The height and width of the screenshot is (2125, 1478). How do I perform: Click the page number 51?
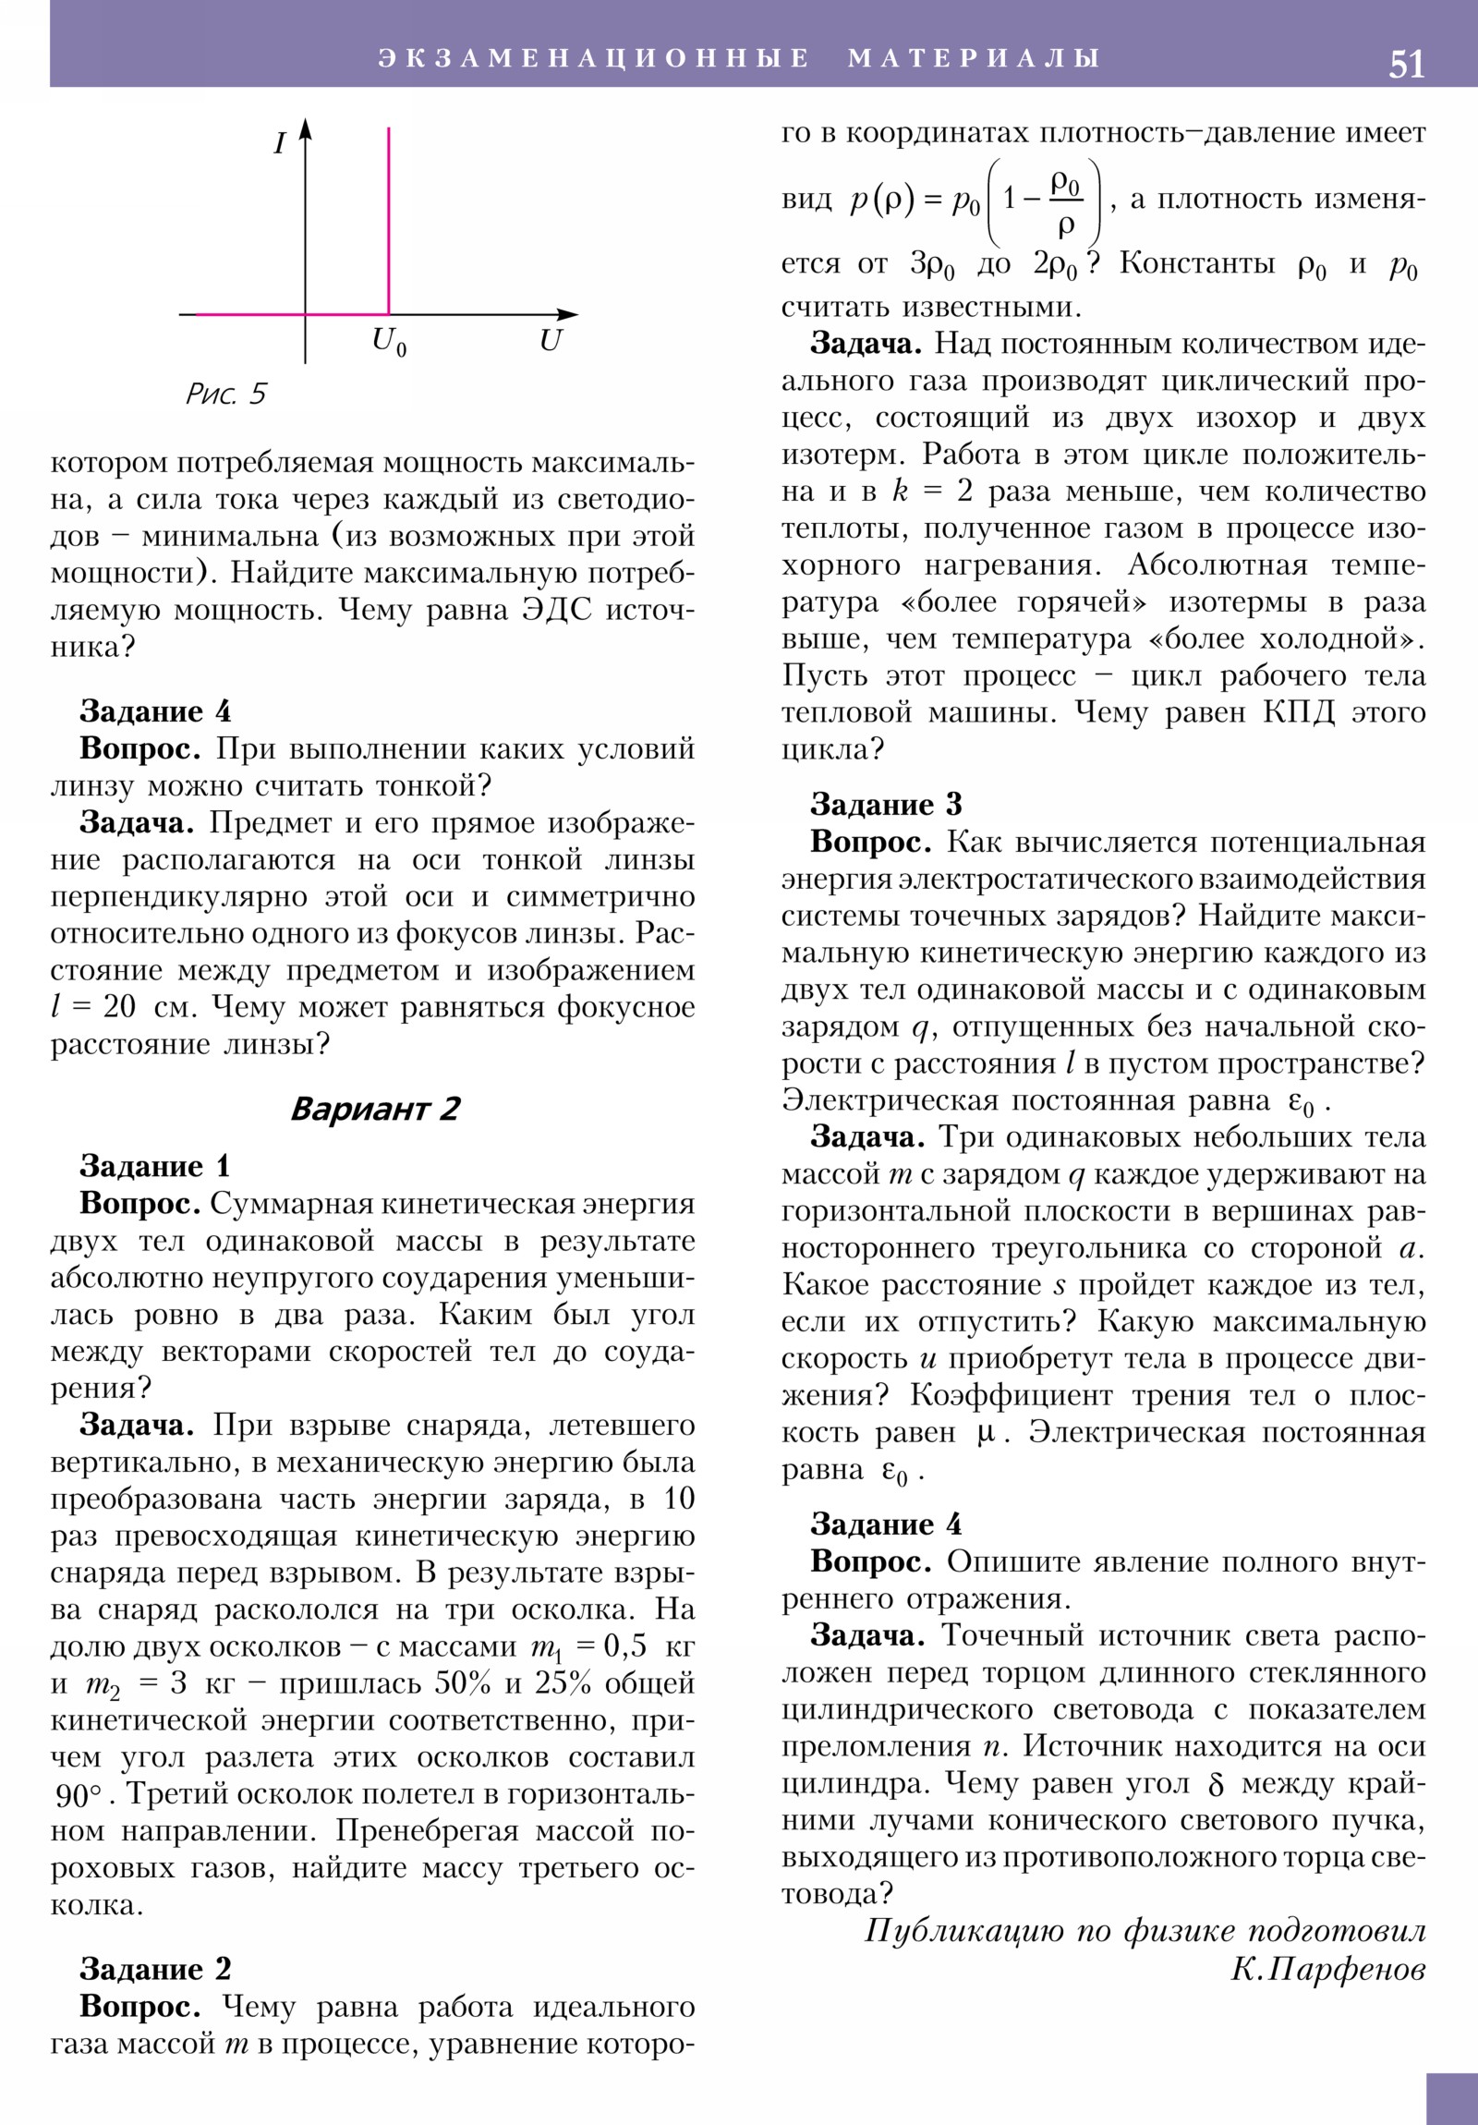tap(1406, 64)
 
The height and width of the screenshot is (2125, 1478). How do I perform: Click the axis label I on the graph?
tap(280, 143)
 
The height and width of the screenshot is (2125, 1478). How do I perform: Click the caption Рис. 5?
tap(225, 395)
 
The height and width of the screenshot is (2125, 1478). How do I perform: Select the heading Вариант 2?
tap(375, 1109)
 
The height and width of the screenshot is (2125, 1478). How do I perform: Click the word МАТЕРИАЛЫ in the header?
tap(974, 58)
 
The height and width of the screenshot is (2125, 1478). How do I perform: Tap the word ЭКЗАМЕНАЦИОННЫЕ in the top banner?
tap(594, 58)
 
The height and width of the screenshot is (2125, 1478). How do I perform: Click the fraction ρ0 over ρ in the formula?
tap(1065, 202)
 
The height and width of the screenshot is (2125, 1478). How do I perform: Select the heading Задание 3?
tap(886, 805)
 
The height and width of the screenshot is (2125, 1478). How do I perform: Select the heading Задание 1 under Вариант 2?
tap(154, 1166)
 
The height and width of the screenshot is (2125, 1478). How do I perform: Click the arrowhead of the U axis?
tap(568, 315)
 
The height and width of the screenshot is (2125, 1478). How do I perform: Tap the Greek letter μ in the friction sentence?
tap(987, 1433)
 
